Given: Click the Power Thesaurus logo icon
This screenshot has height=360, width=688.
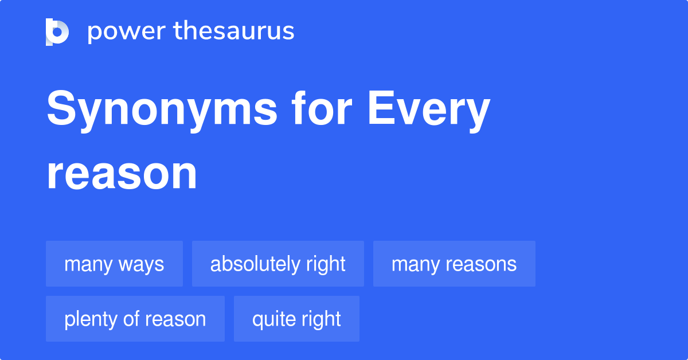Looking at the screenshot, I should [x=57, y=32].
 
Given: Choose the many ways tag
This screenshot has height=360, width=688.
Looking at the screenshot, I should [x=114, y=264].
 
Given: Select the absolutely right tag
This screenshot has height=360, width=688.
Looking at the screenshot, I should [x=278, y=264].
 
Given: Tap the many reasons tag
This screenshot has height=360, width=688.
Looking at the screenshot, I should [x=454, y=264].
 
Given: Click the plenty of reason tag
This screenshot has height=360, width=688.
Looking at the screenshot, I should [x=135, y=319].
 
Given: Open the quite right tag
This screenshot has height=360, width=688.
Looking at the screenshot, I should [x=296, y=319].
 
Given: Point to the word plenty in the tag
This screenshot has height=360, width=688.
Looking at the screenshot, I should [x=89, y=319].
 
